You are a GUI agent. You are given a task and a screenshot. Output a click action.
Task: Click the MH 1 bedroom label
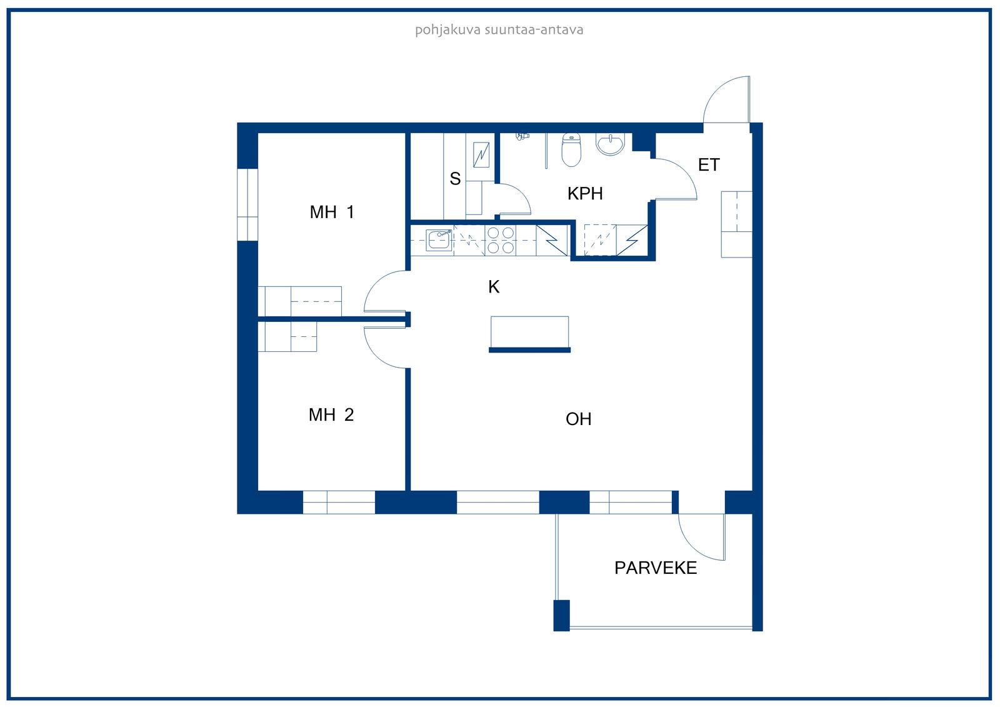tap(332, 212)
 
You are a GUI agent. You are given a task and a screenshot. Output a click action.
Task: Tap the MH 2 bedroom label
tap(331, 415)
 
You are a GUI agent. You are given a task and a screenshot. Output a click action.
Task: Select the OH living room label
tap(578, 419)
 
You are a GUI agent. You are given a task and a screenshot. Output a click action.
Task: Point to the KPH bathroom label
tap(585, 194)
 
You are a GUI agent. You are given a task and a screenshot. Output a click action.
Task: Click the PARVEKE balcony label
tap(656, 568)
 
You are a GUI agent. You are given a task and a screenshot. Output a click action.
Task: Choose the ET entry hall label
tap(709, 165)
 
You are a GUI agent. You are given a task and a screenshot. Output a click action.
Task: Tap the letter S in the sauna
tap(455, 179)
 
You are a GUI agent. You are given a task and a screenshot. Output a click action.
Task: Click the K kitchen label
tap(493, 287)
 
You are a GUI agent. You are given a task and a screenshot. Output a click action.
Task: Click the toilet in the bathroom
tap(571, 149)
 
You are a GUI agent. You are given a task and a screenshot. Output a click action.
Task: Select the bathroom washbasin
tap(610, 144)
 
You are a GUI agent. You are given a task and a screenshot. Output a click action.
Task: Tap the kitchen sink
tap(438, 240)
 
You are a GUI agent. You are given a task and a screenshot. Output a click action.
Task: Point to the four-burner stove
tap(501, 240)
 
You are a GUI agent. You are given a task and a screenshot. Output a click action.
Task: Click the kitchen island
tap(529, 334)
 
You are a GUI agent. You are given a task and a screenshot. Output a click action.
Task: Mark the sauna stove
tap(481, 154)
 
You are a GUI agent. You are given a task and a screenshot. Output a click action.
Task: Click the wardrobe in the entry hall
tap(737, 224)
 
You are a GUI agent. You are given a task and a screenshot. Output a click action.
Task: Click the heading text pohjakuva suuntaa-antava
tap(499, 30)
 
